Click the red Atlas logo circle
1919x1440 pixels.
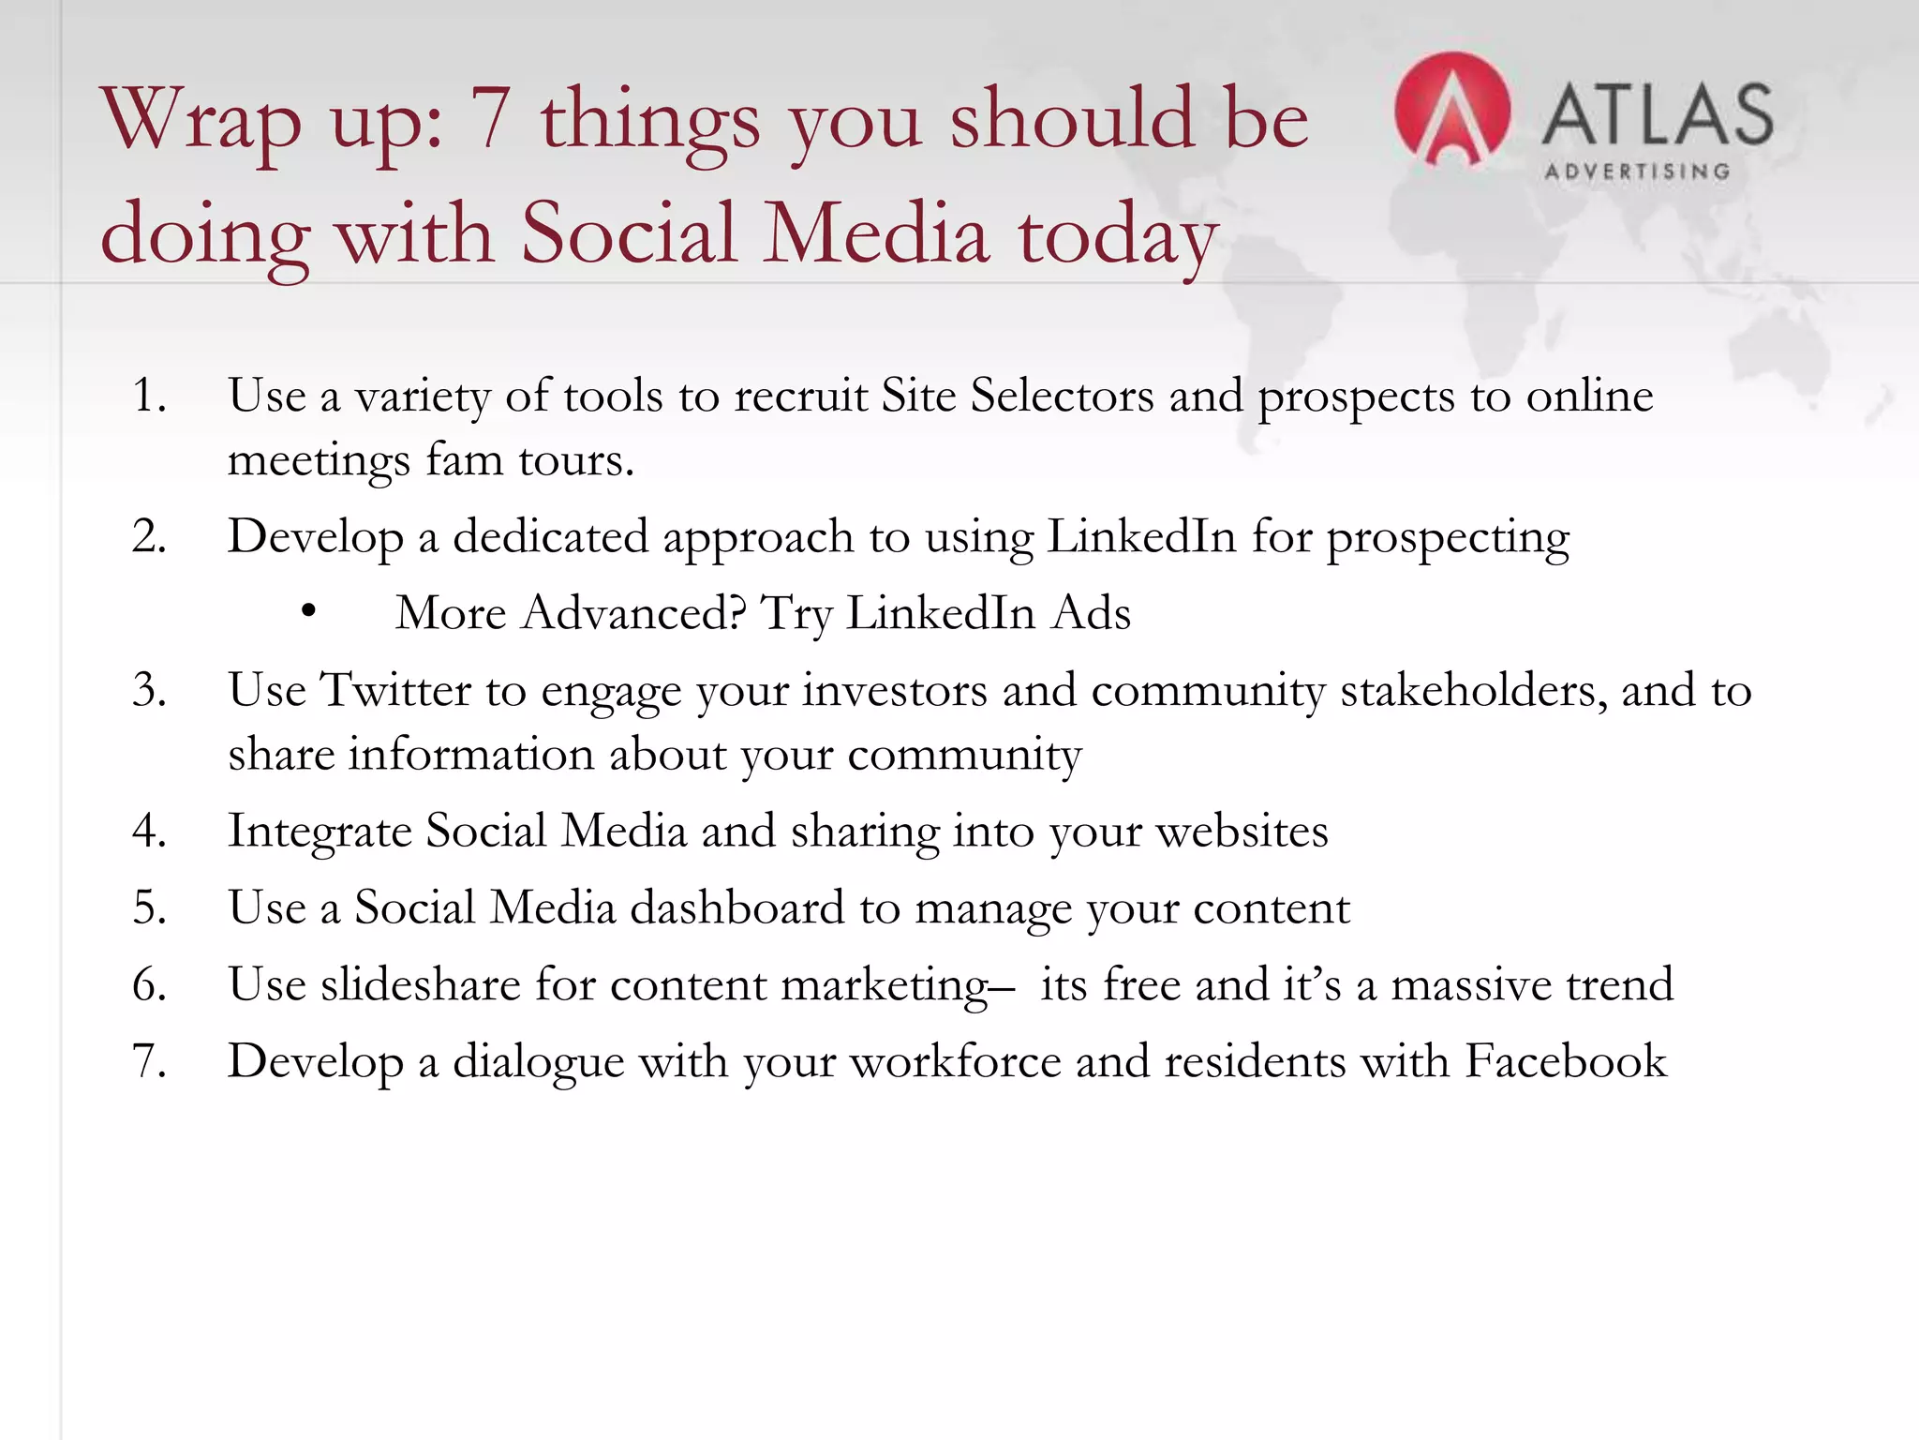tap(1451, 110)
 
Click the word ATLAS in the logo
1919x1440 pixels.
tap(1657, 114)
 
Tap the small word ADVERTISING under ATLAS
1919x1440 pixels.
tap(1637, 172)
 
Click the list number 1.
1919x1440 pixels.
tap(149, 395)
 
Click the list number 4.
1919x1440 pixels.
tap(149, 831)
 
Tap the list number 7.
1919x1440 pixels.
tap(149, 1061)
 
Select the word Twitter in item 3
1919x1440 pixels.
tap(395, 690)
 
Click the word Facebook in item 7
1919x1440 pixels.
tap(1565, 1061)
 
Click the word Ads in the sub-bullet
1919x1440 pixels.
tap(1091, 613)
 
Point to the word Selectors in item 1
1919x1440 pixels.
tap(1062, 395)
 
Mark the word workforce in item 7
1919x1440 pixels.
tap(955, 1061)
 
